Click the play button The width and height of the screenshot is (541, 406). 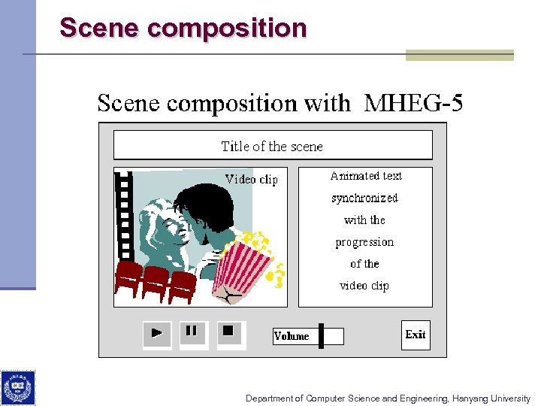point(156,333)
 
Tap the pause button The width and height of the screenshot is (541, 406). point(192,332)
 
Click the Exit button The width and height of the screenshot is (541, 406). point(416,335)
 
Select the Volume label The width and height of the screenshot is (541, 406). point(292,336)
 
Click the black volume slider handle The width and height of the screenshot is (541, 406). point(321,336)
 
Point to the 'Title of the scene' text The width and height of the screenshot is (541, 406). point(272,146)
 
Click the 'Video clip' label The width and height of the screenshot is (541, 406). point(252,179)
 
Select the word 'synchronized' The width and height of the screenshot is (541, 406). point(364,198)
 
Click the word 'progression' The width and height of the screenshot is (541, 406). point(364,242)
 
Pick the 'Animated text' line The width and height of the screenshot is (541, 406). point(366,176)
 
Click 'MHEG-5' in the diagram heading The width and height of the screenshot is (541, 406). point(413,103)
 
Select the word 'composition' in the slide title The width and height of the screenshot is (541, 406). point(228,28)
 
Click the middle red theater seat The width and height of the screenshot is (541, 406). point(156,280)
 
